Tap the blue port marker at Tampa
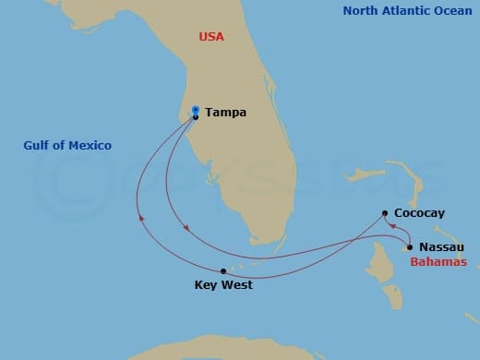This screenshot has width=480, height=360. (196, 111)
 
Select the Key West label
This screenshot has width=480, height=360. (223, 285)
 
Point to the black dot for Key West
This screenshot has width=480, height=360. (223, 270)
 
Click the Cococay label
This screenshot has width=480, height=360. (419, 213)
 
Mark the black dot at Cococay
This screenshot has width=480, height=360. (384, 213)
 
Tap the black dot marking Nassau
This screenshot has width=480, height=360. (409, 246)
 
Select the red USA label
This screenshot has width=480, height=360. (211, 37)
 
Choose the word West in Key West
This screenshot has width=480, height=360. (236, 285)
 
